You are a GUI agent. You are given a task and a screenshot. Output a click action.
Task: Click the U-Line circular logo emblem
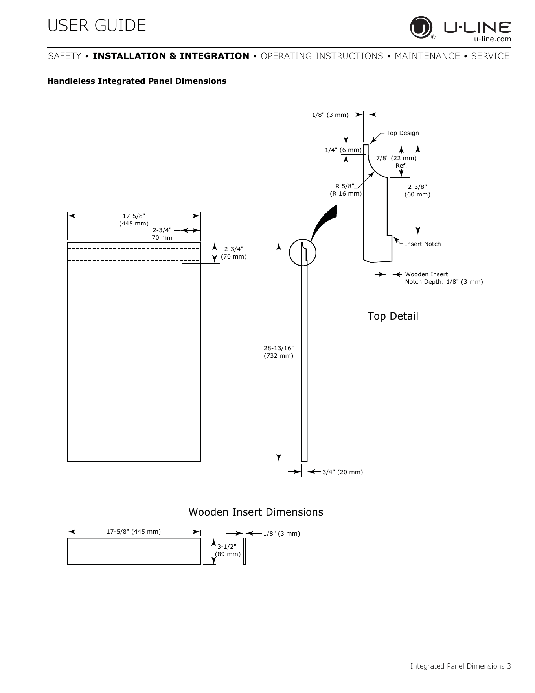[x=421, y=27]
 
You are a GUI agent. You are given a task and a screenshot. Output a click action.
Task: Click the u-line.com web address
[x=493, y=39]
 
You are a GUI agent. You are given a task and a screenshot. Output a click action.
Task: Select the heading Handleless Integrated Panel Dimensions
[x=137, y=81]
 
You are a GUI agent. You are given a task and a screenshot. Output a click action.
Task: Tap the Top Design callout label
[x=403, y=133]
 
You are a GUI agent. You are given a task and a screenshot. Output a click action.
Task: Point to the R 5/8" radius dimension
[x=346, y=190]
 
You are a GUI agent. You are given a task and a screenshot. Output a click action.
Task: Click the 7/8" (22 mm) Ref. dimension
[x=396, y=162]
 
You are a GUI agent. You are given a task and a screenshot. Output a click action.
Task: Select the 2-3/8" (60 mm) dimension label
[x=417, y=190]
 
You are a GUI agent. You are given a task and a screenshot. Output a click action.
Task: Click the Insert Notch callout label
[x=423, y=244]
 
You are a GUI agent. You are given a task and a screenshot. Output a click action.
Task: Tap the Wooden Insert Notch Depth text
[x=444, y=278]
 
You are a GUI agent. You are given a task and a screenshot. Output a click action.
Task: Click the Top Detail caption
[x=393, y=316]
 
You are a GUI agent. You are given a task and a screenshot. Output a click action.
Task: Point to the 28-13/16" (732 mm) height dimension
[x=279, y=352]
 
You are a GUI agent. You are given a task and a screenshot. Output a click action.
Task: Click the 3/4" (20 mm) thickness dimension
[x=342, y=472]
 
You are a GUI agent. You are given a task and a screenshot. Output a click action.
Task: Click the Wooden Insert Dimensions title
[x=256, y=512]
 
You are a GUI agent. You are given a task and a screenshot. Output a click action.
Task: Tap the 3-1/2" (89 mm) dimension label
[x=228, y=550]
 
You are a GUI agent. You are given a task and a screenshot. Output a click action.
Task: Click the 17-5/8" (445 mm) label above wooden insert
[x=134, y=532]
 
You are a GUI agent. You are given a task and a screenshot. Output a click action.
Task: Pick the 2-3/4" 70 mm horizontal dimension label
[x=162, y=234]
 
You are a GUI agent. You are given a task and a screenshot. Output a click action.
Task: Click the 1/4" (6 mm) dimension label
[x=343, y=150]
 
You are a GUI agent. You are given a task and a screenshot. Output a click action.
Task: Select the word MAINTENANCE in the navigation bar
[x=427, y=56]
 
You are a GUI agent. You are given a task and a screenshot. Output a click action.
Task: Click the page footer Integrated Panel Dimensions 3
[x=461, y=666]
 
